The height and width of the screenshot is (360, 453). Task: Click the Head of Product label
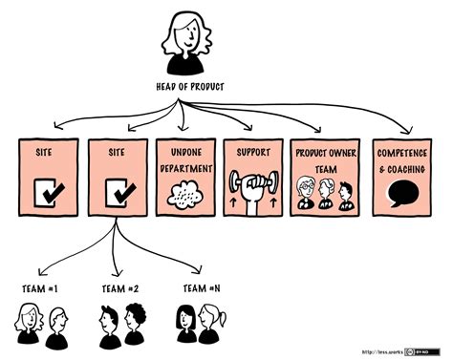191,88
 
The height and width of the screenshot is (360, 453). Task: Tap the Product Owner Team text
323,159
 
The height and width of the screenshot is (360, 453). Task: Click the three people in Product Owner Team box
324,192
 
